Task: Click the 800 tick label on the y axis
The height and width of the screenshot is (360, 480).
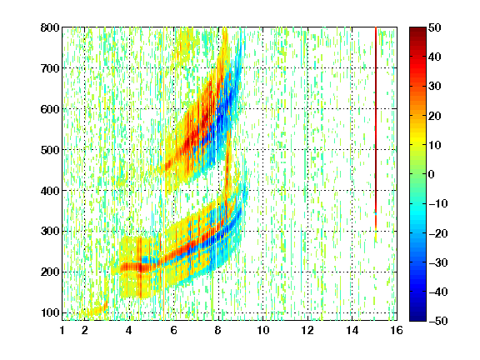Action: click(x=50, y=27)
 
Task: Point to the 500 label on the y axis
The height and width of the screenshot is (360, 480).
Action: click(x=50, y=150)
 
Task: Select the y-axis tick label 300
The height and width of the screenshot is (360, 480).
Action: click(x=50, y=231)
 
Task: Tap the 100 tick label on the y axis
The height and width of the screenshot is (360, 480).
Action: click(x=50, y=312)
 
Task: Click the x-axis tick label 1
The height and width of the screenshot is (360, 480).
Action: click(x=62, y=330)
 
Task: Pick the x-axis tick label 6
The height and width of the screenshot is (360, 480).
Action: click(x=174, y=330)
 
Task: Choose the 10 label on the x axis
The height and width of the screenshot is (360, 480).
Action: click(x=263, y=330)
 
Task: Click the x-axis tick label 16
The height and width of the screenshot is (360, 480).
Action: click(x=397, y=330)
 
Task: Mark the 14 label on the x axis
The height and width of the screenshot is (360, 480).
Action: click(x=352, y=330)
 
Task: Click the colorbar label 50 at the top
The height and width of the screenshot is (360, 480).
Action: click(x=434, y=27)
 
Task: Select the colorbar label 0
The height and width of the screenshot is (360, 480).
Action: click(x=432, y=174)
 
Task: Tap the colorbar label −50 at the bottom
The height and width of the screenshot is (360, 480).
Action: click(x=438, y=321)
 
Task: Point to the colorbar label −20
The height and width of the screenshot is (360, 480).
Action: click(x=438, y=233)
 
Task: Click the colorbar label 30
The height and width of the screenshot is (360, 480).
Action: click(x=434, y=87)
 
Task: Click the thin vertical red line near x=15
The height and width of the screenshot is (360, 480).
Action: click(x=376, y=128)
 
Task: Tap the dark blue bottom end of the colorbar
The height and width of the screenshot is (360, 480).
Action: click(x=417, y=318)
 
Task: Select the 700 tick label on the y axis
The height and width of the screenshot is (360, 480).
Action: click(x=50, y=68)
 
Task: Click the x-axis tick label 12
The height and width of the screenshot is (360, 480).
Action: click(x=307, y=330)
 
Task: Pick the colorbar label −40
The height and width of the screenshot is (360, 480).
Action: click(x=438, y=292)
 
